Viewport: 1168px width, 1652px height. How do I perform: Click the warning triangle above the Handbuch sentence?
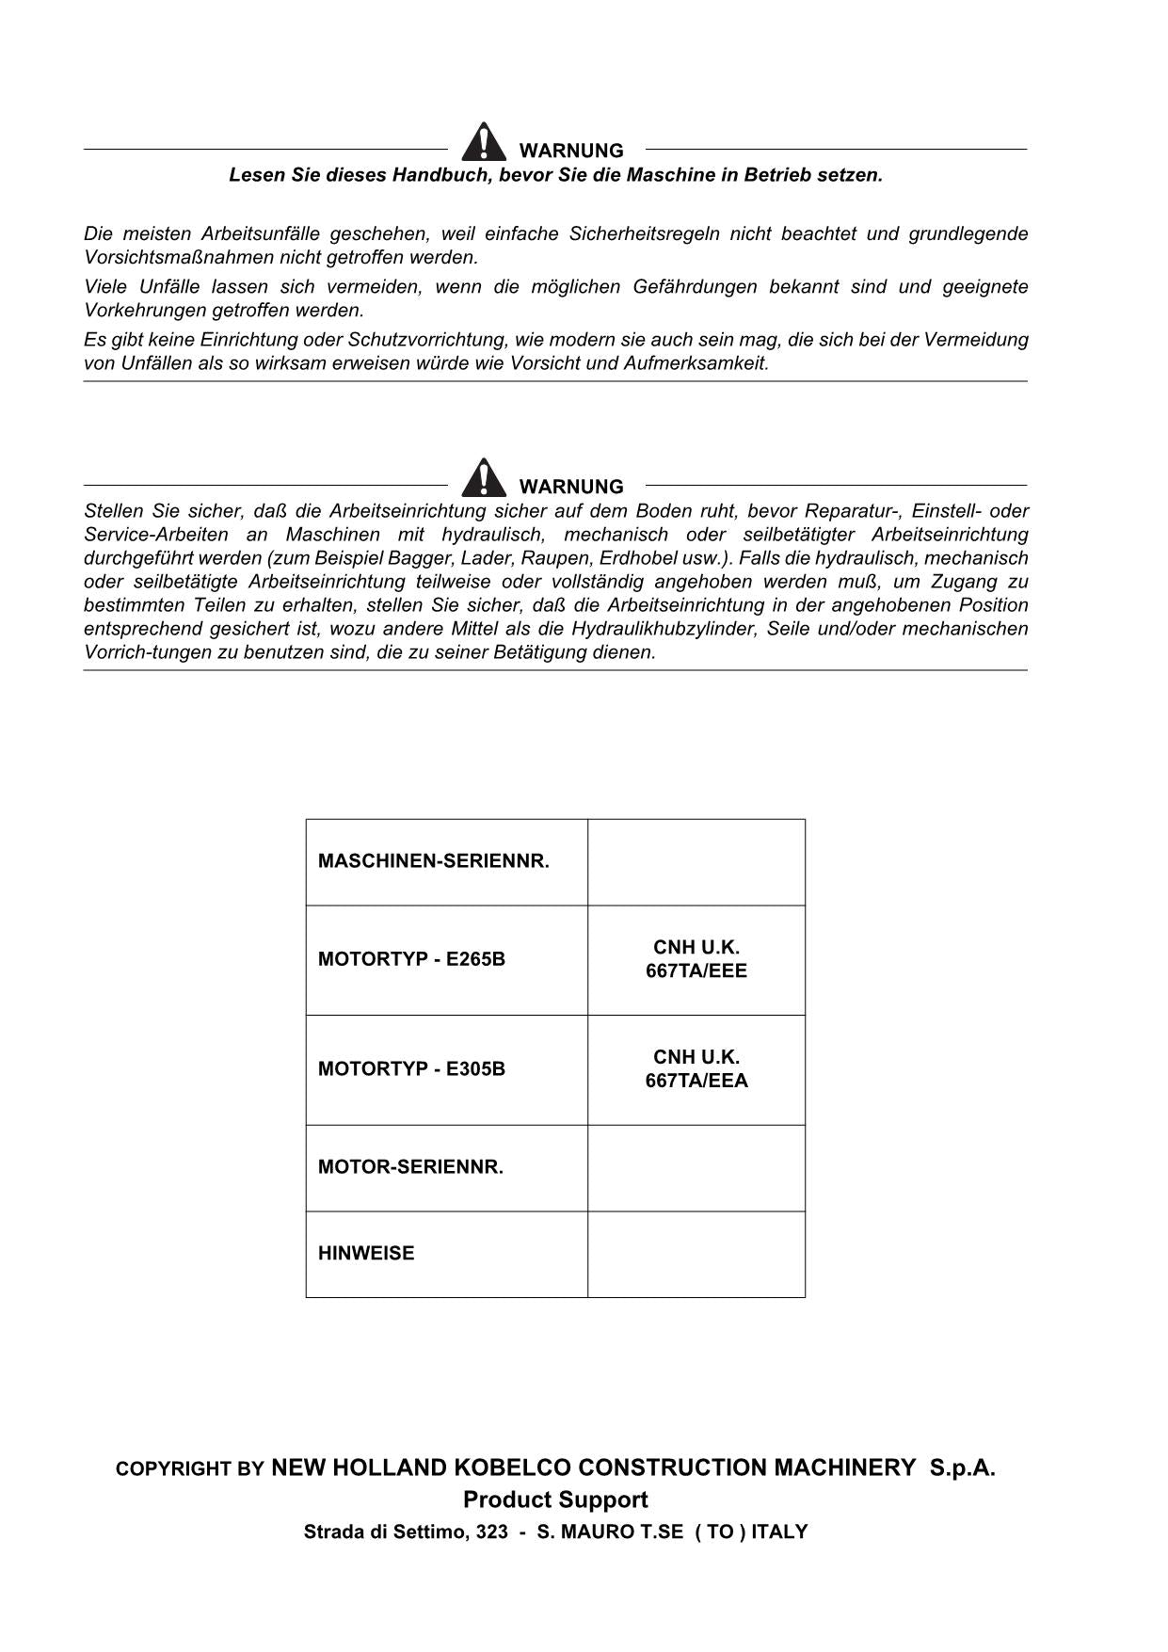point(483,142)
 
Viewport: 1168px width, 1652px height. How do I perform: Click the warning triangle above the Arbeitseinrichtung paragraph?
point(483,478)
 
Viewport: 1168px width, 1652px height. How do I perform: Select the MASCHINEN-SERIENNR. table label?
point(433,861)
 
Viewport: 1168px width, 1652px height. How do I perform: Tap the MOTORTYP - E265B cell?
point(411,959)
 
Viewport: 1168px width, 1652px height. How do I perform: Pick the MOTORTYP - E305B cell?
point(411,1069)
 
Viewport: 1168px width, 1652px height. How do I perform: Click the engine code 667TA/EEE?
point(696,971)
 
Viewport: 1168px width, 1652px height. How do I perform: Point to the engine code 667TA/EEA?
point(696,1081)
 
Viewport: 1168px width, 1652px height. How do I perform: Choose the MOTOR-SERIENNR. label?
point(410,1167)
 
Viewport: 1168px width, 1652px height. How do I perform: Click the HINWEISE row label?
point(366,1254)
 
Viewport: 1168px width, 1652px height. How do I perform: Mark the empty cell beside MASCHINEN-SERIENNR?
point(696,862)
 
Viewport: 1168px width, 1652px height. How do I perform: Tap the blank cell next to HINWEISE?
point(696,1254)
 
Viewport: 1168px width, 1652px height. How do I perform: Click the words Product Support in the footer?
point(555,1500)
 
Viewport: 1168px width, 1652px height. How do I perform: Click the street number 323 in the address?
point(492,1532)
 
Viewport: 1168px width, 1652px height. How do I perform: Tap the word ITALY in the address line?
point(779,1532)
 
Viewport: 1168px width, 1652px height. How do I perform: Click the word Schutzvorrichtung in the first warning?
point(427,340)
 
